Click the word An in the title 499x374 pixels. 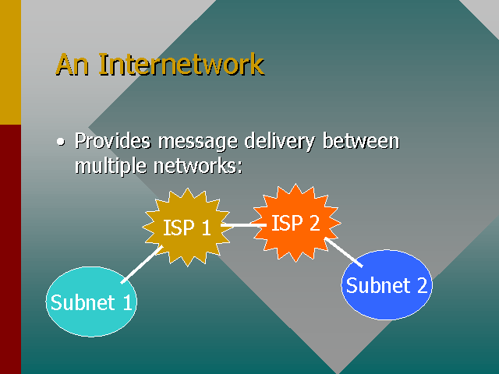tap(73, 64)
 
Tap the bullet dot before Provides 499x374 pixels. tap(61, 143)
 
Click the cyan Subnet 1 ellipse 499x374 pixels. tap(91, 302)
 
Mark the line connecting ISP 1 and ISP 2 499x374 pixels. tap(242, 226)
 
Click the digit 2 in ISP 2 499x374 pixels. tap(313, 224)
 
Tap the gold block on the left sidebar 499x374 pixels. tap(10, 62)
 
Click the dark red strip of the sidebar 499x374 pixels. tap(10, 249)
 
